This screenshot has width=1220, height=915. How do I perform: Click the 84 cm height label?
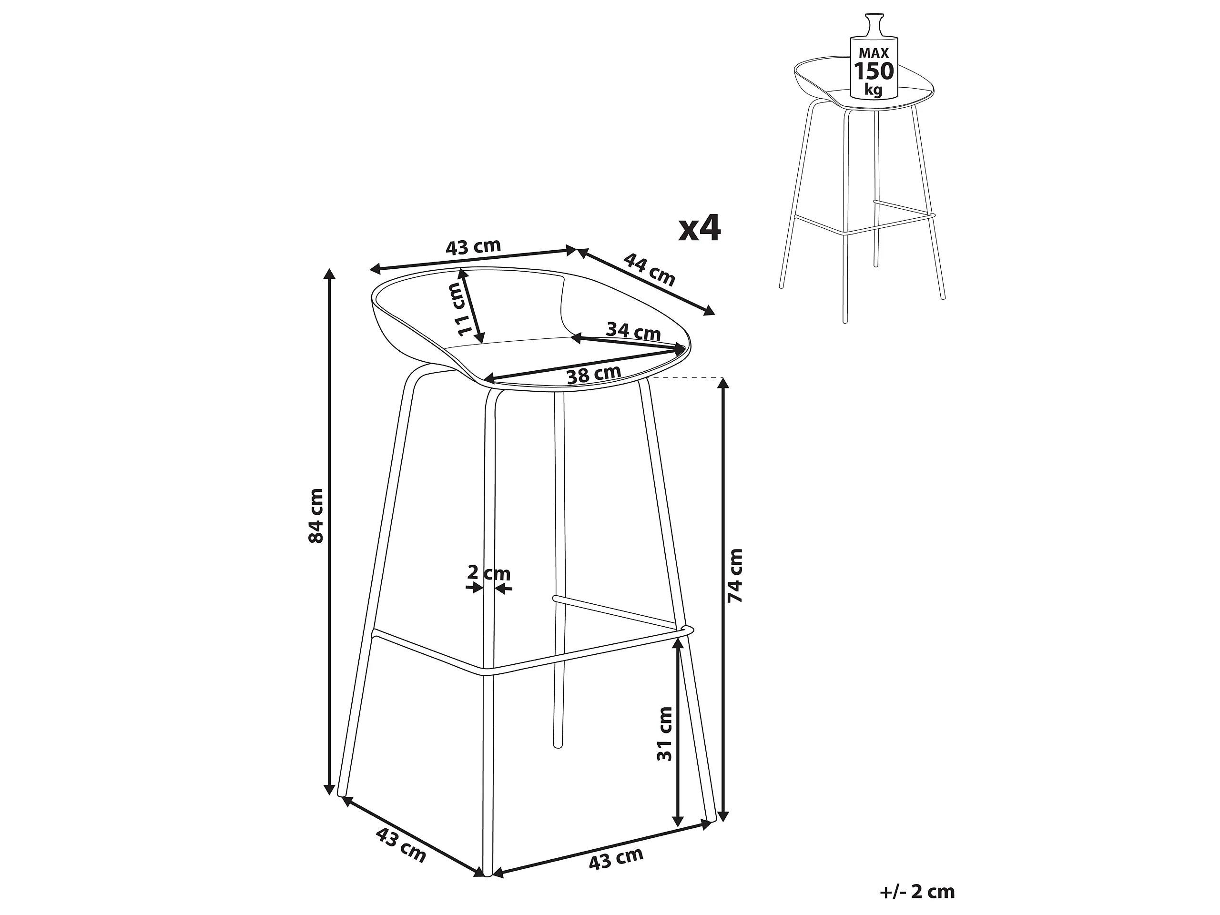point(316,515)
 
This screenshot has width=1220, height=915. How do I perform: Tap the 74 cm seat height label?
point(735,575)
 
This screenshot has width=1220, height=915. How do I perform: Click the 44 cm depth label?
point(650,269)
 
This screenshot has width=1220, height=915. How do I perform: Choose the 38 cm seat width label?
point(594,375)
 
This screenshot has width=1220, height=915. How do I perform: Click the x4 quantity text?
point(699,228)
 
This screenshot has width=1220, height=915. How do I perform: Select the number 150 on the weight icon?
point(874,71)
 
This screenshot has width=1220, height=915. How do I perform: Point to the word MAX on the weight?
point(874,53)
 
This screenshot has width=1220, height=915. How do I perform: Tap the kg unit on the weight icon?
point(874,90)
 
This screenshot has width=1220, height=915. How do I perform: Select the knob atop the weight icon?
point(874,24)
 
